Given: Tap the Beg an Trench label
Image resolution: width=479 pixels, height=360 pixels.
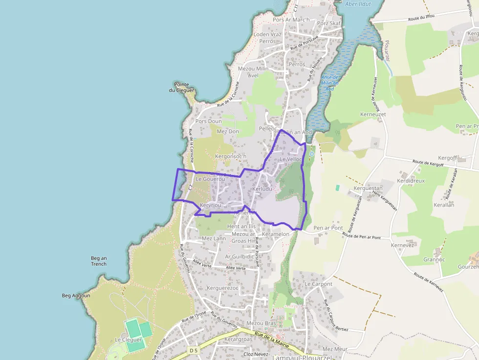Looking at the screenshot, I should pos(98,261).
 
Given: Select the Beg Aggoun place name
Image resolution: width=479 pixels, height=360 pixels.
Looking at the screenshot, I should pos(76,296).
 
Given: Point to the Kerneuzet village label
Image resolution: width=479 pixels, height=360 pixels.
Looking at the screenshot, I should pos(373,114).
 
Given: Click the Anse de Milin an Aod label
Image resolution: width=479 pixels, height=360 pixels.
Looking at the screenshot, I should pos(330,84).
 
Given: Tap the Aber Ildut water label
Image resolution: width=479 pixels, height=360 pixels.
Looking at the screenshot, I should pos(358,4).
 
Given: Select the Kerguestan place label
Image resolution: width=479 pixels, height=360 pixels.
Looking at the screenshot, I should pos(368,188).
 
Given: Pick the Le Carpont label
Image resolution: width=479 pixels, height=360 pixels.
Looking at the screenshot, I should pos(318,284).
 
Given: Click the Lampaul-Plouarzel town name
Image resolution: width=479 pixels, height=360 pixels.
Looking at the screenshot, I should pos(289,357).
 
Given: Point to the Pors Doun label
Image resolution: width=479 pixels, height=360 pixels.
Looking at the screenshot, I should pos(208,121).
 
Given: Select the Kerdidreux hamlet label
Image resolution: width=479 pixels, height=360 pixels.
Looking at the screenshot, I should pos(411,180).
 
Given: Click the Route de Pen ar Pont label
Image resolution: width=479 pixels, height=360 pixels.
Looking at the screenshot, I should pos(362,236).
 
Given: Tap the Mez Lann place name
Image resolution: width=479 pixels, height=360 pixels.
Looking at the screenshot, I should pos(214,238).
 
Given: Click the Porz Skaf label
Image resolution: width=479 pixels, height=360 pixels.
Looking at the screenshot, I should pos(328,23).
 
